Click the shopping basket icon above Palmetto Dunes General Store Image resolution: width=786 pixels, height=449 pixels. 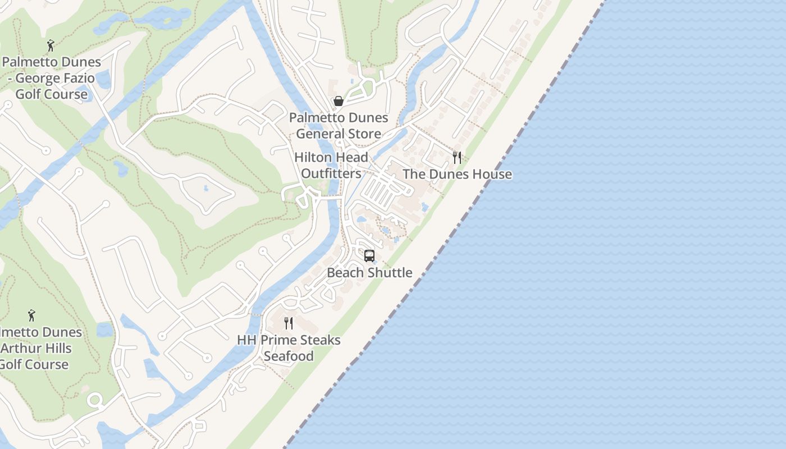[339, 101]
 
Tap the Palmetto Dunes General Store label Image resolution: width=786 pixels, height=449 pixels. [339, 126]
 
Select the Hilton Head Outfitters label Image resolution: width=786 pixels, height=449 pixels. [331, 166]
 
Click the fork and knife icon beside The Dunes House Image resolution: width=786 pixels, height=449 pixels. [457, 157]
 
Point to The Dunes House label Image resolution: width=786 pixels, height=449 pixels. [457, 174]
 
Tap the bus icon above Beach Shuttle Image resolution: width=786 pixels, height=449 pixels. [369, 256]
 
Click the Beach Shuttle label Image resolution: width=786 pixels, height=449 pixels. [369, 273]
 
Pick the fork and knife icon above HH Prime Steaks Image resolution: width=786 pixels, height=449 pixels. [289, 323]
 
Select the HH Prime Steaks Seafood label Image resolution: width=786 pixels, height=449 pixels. [289, 348]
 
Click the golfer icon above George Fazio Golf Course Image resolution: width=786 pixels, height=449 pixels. [51, 45]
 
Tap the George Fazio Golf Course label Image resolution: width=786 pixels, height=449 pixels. [52, 78]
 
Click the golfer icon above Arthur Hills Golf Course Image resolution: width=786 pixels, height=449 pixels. [31, 315]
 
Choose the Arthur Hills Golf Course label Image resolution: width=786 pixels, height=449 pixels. [35, 348]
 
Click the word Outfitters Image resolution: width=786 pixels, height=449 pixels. [331, 173]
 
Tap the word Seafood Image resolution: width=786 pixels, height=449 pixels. [289, 356]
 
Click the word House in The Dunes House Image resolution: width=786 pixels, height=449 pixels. [492, 174]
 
